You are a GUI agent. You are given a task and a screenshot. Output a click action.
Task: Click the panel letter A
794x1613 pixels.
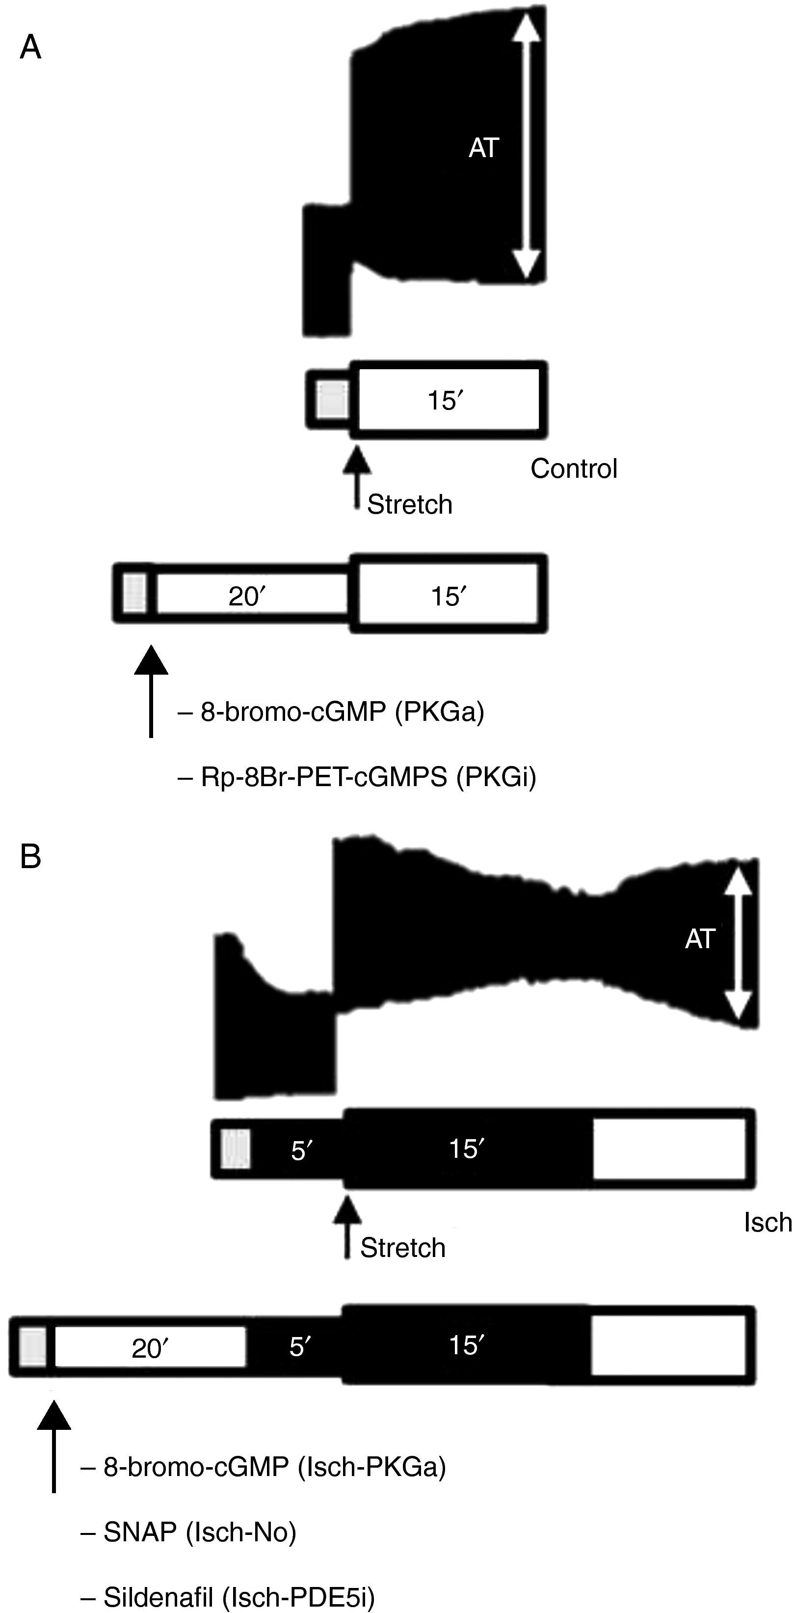[x=30, y=48]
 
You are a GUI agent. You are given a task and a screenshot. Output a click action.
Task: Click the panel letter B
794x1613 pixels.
[x=30, y=857]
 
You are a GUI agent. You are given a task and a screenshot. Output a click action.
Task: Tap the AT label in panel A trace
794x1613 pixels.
[x=484, y=148]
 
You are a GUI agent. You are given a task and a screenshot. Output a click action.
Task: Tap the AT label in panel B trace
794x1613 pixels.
[x=699, y=939]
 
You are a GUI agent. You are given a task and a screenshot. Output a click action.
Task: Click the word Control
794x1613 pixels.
[x=574, y=468]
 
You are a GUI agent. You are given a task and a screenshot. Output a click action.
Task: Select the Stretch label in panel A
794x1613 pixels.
[x=409, y=504]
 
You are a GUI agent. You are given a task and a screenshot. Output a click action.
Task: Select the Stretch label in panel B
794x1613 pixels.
[x=402, y=1248]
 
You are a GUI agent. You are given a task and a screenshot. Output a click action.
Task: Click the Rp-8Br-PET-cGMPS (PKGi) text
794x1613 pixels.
[x=369, y=777]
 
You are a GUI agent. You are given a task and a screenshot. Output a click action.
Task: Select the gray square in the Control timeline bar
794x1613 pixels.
[x=332, y=399]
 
